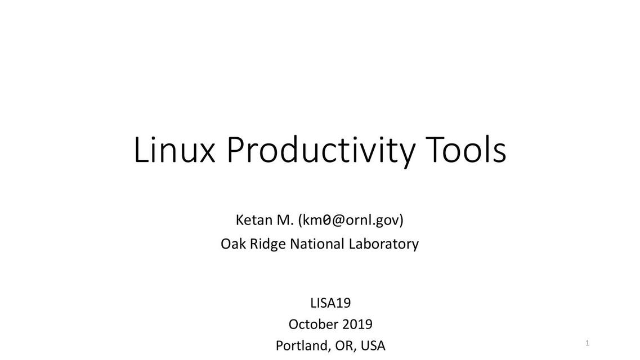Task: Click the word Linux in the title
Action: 174,150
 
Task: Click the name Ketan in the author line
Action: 254,220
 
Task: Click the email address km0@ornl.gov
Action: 351,220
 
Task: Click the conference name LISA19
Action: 330,303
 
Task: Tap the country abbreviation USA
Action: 373,346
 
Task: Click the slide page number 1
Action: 587,343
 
